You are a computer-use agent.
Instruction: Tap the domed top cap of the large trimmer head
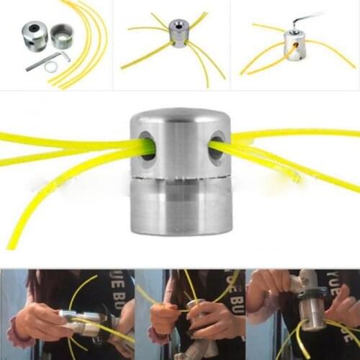point(180,119)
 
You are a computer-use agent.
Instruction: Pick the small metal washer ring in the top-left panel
point(51,67)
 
